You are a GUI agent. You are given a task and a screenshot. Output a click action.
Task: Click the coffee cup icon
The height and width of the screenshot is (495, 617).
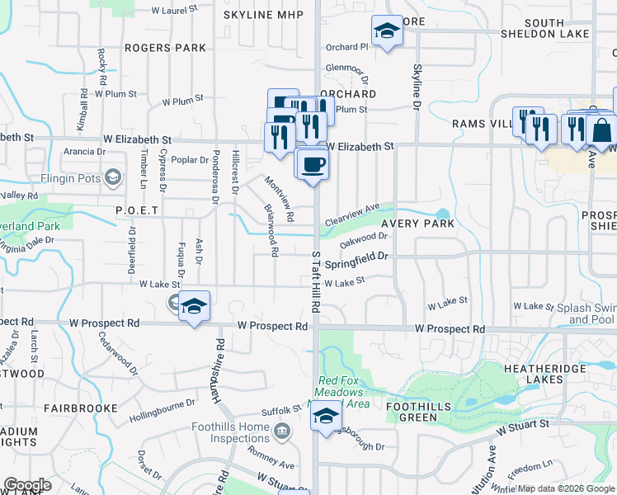pos(312,163)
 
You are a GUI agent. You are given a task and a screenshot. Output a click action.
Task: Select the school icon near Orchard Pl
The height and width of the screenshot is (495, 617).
pos(385,31)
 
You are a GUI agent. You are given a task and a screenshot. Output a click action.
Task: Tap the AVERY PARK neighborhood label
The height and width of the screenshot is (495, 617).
pos(417,224)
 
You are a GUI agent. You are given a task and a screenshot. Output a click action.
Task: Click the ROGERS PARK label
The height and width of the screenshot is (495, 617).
pos(166,48)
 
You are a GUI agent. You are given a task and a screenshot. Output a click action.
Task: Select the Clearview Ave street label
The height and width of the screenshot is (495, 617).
pos(352,215)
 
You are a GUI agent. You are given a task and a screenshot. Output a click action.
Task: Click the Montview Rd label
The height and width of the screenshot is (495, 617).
pos(280,199)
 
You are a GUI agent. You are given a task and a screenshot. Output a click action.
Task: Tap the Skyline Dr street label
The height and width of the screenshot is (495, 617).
pos(417,87)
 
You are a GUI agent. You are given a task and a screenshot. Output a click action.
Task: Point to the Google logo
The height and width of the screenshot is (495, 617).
pos(27,485)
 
